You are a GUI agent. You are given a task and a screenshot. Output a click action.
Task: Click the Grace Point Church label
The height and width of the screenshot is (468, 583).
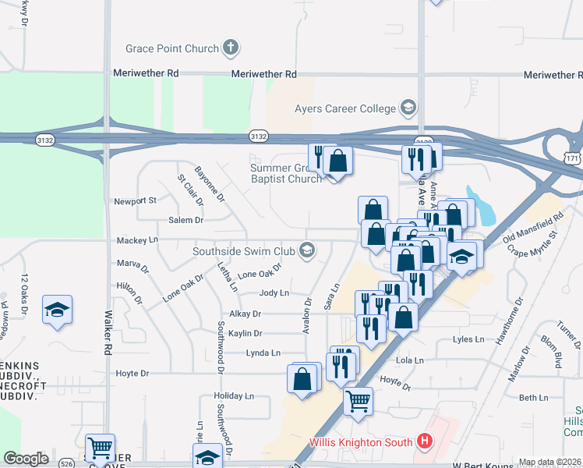173,48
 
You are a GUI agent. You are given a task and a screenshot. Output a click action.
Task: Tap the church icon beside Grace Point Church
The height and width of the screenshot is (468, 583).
229,48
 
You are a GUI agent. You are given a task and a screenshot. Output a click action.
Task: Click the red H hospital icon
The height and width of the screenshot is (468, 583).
424,442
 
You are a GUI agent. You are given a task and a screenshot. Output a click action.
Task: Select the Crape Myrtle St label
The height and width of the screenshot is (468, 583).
533,242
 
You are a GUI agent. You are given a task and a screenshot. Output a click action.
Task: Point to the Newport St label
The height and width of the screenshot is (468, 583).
136,200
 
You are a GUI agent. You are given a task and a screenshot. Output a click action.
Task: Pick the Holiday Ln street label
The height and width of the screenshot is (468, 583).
234,396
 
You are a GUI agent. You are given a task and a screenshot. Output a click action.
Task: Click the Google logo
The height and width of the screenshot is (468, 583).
26,458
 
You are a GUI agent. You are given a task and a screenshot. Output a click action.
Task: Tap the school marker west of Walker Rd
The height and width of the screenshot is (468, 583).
58,310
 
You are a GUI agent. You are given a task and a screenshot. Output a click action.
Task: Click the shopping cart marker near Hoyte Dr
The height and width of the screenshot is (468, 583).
358,402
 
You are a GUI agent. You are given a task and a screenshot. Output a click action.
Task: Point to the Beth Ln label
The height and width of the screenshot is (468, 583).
534,398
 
